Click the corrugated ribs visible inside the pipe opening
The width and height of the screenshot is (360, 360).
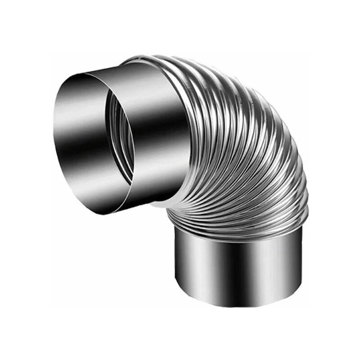point(124,135)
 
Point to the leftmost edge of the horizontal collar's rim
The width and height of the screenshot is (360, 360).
point(53,135)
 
